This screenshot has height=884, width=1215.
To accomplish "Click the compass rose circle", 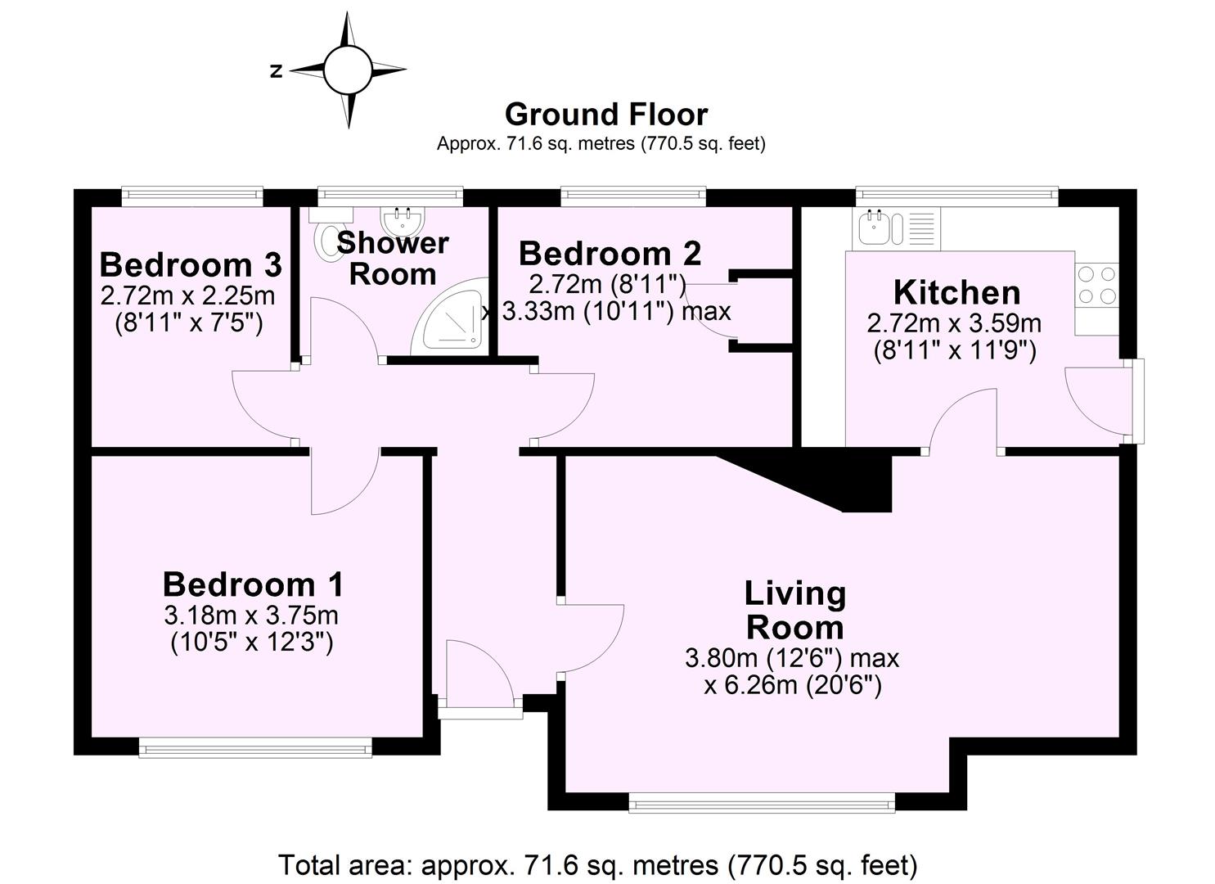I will tap(348, 70).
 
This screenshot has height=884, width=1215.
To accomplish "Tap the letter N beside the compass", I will tap(277, 71).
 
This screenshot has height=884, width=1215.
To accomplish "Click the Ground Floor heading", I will tap(605, 114).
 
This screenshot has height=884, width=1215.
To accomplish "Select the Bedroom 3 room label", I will tap(190, 265).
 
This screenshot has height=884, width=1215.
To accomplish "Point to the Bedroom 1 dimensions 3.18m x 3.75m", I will tap(252, 614).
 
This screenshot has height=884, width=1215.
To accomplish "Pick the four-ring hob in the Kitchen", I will tap(1096, 285).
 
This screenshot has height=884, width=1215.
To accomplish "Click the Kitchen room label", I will tap(956, 292).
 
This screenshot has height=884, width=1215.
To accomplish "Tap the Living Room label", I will tap(794, 610).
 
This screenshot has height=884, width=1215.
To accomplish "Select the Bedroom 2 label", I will tap(610, 254).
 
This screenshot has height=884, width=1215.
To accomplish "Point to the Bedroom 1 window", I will tap(254, 746).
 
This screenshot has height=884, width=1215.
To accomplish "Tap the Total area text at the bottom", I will tap(597, 864).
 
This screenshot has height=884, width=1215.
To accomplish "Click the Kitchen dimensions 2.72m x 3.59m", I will tap(954, 323).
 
